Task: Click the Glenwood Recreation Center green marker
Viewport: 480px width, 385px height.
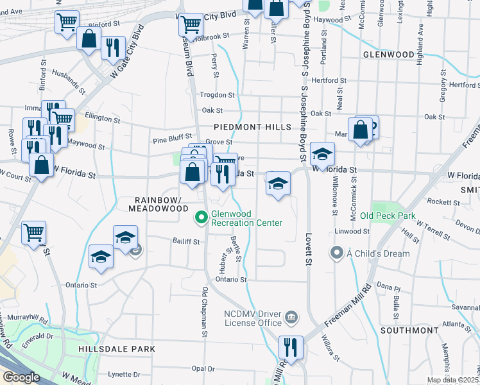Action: (201, 218)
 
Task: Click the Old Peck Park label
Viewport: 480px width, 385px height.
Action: (388, 216)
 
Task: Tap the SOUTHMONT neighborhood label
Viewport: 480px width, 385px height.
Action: (408, 330)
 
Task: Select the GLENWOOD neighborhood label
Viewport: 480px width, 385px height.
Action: (388, 55)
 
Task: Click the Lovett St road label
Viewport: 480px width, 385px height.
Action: (308, 250)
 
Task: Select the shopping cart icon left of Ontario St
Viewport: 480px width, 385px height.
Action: (33, 232)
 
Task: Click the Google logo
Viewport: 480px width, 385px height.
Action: (21, 377)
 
